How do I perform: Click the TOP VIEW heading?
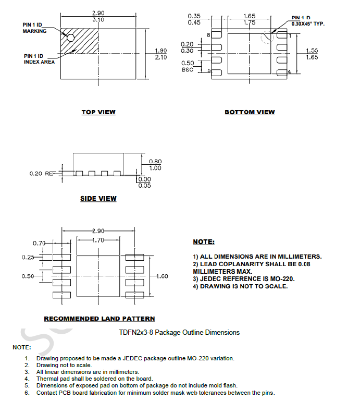click(98, 112)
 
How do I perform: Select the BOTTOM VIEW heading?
click(250, 112)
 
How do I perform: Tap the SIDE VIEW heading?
click(98, 199)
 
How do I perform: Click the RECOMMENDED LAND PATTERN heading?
click(99, 319)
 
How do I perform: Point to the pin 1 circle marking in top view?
click(70, 37)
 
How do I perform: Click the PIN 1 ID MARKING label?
click(34, 28)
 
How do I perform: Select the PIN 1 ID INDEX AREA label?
click(39, 59)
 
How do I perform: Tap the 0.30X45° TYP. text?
click(308, 24)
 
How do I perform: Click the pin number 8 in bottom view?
click(208, 35)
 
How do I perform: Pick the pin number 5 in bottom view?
click(209, 70)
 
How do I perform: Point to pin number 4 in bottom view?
click(290, 71)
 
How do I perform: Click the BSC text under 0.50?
click(188, 69)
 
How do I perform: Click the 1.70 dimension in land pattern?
click(98, 240)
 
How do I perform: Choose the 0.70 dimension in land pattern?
click(39, 243)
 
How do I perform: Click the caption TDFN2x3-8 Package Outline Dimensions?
click(179, 332)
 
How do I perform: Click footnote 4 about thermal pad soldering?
click(94, 379)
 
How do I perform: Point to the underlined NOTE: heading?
click(203, 242)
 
